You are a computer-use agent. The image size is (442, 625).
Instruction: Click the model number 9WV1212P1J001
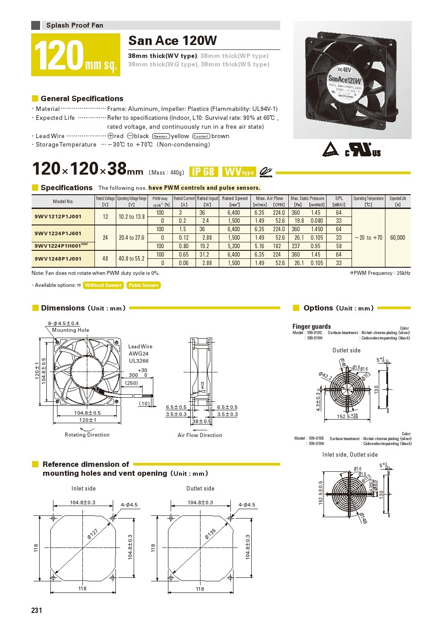pos(58,217)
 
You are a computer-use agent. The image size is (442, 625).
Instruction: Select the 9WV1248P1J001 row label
pos(58,258)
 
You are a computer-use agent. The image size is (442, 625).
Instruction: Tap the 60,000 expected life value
pos(397,237)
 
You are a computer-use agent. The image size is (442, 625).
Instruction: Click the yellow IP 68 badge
pos(203,172)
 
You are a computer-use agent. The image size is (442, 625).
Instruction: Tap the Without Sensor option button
pos(103,285)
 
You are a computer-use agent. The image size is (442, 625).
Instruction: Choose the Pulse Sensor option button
pos(143,285)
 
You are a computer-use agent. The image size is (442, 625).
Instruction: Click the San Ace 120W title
pos(172,41)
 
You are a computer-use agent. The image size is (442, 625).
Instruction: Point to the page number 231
pos(37,610)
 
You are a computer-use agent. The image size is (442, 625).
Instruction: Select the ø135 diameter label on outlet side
pos(210,534)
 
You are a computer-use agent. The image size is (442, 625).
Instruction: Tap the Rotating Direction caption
pos(87,435)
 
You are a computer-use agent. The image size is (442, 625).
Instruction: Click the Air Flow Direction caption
pos(200,435)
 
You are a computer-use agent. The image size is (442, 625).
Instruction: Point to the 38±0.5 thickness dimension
pos(201,421)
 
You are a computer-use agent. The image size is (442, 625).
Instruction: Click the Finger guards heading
pos(311,327)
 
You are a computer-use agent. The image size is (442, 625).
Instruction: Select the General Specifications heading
pos(82,98)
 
